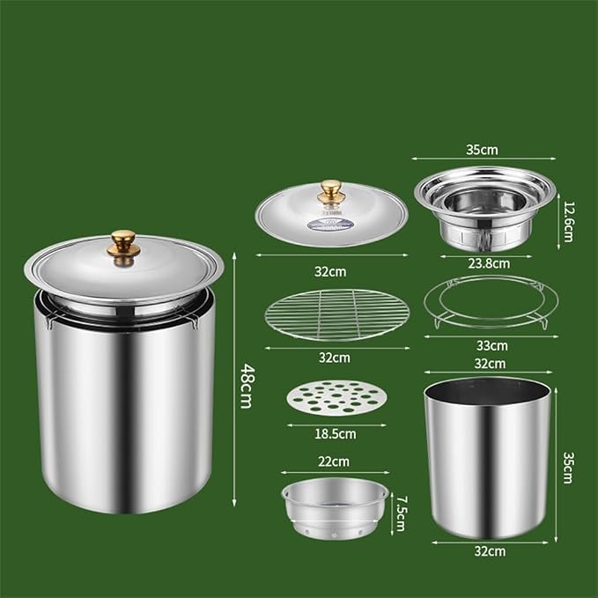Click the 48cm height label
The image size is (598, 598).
point(247,386)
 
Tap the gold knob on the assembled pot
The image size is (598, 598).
point(123,247)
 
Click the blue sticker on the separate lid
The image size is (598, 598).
point(330,224)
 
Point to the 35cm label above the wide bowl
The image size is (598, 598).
point(482,150)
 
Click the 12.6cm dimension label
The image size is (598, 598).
point(568,222)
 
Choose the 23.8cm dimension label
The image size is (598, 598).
point(489,263)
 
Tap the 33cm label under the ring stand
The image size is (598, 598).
point(492,345)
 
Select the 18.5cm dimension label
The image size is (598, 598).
point(336,434)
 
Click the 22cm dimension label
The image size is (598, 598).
point(334,461)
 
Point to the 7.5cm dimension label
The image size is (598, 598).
point(402,513)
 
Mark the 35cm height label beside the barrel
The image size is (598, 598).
point(568,468)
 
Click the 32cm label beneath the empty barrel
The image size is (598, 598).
point(490,551)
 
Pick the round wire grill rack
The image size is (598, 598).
point(337,315)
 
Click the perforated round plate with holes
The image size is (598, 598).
point(336,397)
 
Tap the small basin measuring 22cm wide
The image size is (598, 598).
point(335,508)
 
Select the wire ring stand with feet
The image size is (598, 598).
point(491,302)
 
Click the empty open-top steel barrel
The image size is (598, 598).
point(488,458)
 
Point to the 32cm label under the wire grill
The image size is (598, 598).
point(335,358)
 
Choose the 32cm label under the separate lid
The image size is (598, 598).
point(330,271)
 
